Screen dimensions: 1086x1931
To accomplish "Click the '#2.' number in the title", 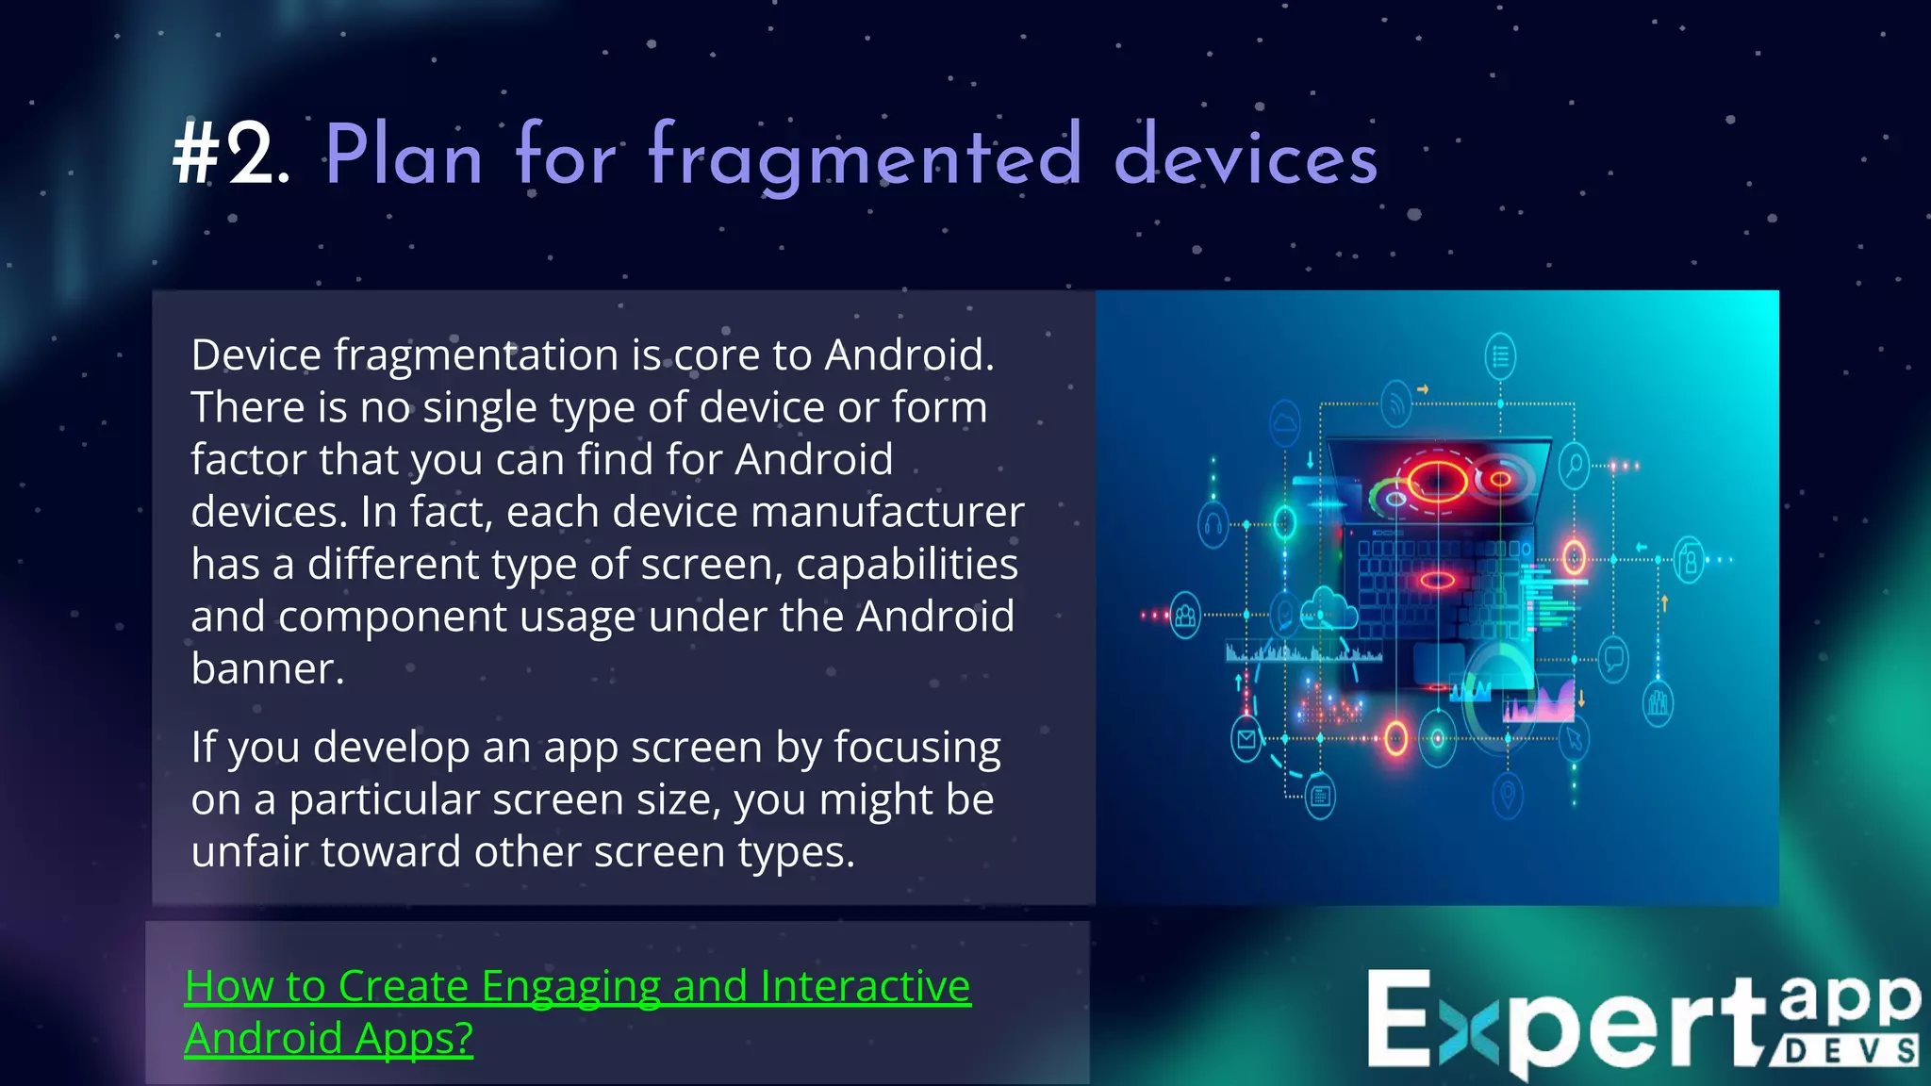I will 231,156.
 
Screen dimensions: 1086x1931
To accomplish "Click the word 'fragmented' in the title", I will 865,157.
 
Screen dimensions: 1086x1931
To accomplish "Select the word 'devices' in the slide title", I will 1246,157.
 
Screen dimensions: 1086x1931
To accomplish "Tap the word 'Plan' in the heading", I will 404,156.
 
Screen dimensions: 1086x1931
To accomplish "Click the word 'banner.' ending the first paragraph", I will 268,668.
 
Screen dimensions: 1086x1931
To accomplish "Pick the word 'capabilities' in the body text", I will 906,564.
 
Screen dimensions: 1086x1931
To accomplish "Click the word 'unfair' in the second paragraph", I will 249,851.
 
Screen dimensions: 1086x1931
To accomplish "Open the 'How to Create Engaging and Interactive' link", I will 577,986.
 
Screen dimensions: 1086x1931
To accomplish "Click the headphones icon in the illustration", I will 1213,524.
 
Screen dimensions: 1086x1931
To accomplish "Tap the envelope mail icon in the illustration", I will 1246,739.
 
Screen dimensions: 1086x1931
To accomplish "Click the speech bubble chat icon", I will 1613,656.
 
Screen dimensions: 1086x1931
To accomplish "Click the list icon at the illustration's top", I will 1500,356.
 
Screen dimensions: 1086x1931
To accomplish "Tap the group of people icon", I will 1185,617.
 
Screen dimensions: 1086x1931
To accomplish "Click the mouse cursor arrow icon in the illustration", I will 1573,739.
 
